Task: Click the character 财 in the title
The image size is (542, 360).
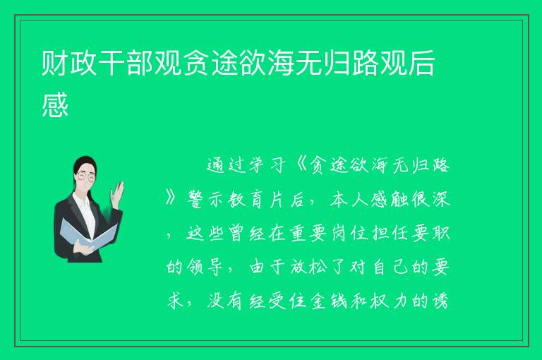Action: (54, 63)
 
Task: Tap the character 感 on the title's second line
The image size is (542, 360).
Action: (55, 104)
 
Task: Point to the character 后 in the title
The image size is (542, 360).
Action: (421, 63)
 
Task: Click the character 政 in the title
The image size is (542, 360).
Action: (83, 63)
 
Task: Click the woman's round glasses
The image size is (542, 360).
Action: (86, 176)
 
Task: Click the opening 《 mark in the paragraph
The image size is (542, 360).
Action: (301, 165)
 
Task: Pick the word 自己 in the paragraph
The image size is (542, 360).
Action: (390, 268)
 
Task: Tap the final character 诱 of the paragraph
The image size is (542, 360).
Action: (440, 301)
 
